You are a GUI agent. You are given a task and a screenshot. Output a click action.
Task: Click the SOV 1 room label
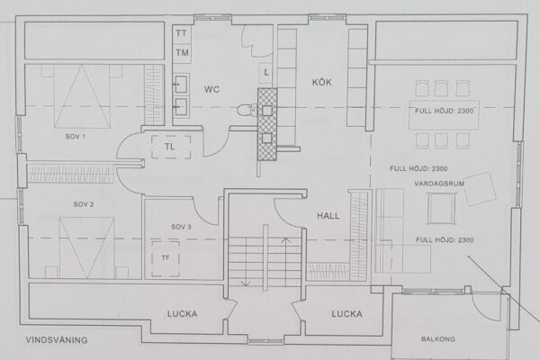pos(76,137)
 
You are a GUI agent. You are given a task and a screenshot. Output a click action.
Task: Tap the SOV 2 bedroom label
pos(84,204)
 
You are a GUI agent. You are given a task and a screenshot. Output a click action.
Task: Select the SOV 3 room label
pos(181,227)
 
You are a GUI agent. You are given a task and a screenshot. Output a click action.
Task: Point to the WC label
pos(211,90)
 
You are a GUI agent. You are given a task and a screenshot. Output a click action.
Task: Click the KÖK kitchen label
pos(321,82)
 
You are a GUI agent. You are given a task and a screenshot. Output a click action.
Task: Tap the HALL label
pos(328,216)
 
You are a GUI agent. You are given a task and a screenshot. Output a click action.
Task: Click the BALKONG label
pos(438,339)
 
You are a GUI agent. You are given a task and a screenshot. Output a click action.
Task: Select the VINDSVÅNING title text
pos(57,340)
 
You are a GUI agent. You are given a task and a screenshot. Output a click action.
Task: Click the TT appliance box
pos(182,34)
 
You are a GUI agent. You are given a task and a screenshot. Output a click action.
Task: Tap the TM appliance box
pos(182,53)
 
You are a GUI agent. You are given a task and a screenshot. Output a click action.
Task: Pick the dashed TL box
pos(171,147)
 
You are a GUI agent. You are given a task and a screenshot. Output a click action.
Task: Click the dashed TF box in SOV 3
pos(166,258)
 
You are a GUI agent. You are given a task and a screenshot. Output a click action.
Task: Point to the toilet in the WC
pos(247,110)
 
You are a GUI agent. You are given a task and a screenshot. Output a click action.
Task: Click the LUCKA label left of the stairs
pos(182,314)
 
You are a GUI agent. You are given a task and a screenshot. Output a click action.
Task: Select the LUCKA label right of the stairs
pos(346,314)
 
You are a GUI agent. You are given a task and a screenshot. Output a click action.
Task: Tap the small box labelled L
pos(265,72)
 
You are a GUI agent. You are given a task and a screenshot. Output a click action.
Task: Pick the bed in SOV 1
pos(82,96)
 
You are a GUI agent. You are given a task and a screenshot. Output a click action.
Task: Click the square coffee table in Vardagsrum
pos(442,209)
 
